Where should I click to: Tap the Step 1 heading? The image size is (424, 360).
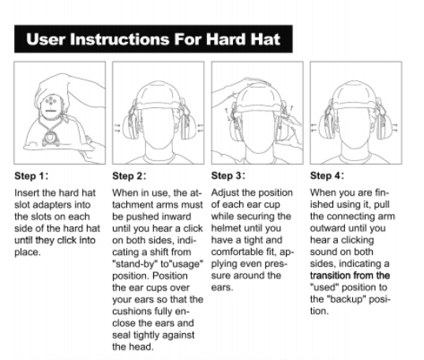coord(32,176)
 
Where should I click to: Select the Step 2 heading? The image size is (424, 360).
coord(129,176)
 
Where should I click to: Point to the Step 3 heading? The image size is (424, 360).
coord(228,175)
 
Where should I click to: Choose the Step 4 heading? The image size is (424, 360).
coord(327,175)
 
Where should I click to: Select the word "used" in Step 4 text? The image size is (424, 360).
coord(325,287)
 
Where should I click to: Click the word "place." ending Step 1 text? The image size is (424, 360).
coord(28,253)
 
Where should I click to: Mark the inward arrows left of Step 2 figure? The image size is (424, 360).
coord(118,128)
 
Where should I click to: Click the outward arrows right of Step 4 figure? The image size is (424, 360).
coord(395,128)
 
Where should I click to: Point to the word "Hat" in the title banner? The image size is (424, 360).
coord(265,39)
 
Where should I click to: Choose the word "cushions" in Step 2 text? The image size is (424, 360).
coord(131,311)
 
